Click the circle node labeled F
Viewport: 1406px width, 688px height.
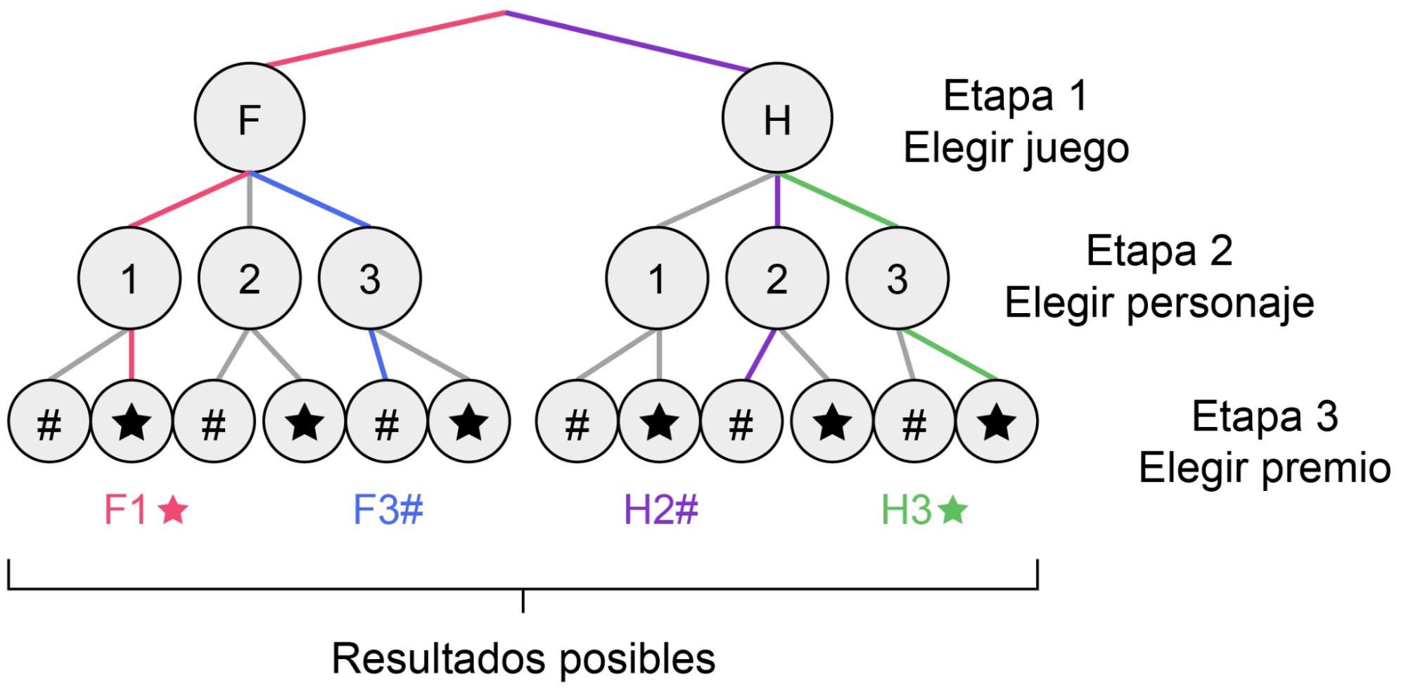tap(250, 118)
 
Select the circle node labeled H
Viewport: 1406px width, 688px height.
tap(777, 118)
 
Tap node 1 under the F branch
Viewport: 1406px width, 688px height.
tap(129, 278)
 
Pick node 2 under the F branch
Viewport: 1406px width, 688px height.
tap(250, 278)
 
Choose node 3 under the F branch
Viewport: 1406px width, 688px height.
tap(370, 278)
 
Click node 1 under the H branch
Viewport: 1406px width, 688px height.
tap(657, 278)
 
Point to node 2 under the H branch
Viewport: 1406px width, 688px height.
tap(777, 278)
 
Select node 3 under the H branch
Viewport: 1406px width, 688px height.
tap(897, 278)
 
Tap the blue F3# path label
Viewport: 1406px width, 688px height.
tap(388, 509)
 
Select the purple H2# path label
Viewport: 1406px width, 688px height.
tap(661, 509)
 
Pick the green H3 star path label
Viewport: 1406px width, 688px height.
tap(924, 509)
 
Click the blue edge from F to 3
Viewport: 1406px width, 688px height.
tap(310, 199)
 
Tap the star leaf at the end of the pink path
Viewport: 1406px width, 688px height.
tap(132, 421)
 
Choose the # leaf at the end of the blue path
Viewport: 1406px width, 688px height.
tap(387, 421)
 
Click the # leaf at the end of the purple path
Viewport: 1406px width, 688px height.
tap(741, 421)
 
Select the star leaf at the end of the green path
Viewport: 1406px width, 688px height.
tap(997, 421)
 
